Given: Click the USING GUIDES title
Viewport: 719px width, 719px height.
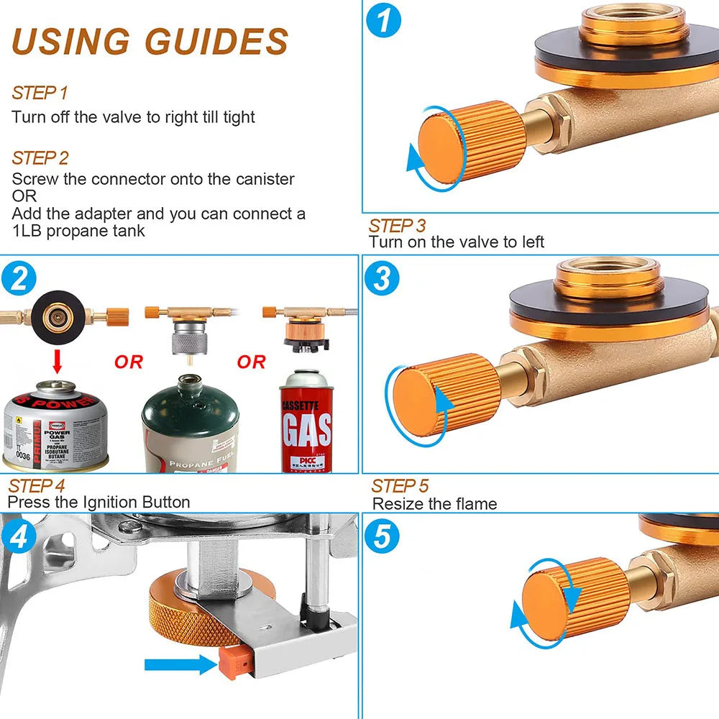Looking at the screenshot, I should (x=150, y=41).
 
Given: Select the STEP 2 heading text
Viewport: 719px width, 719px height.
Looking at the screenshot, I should (x=40, y=157).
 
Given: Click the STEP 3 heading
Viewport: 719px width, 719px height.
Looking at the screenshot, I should (x=397, y=226).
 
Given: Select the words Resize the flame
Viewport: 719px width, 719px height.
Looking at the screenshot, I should (x=434, y=503).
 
